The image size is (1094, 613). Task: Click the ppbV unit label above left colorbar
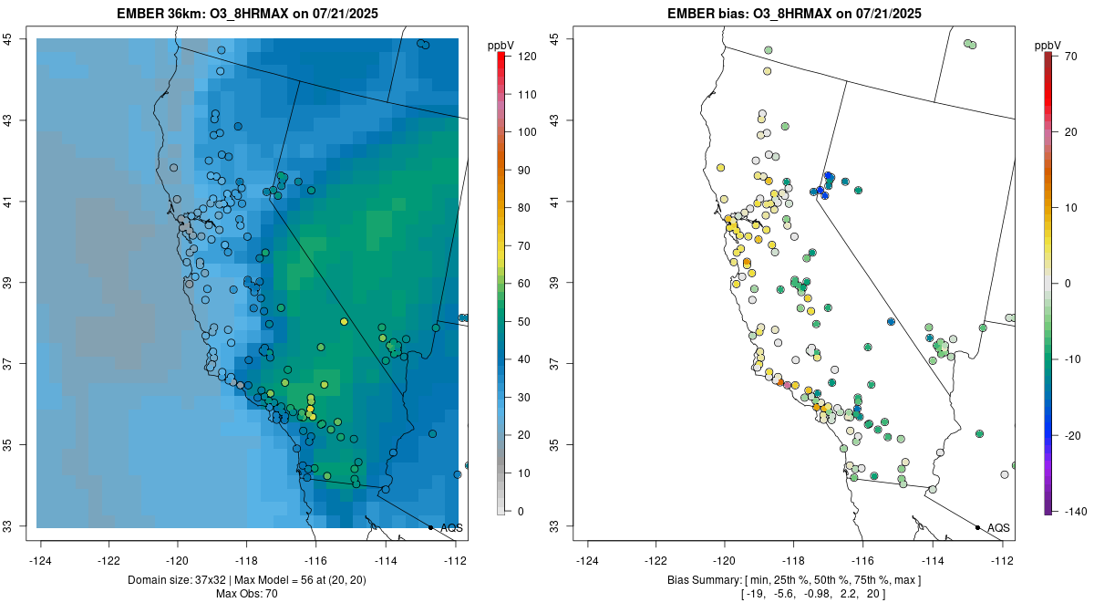point(501,45)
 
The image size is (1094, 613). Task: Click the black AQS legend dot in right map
point(977,527)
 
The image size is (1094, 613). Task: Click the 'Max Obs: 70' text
point(247,595)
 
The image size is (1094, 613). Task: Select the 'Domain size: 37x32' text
point(183,580)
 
